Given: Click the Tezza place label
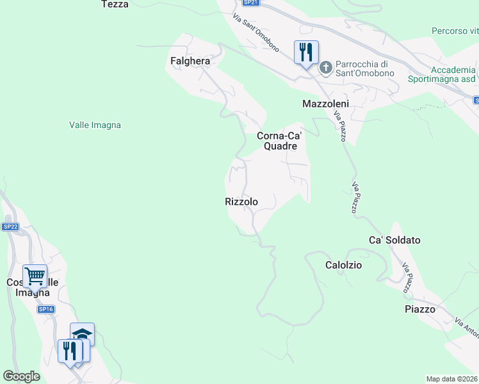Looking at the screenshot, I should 115,4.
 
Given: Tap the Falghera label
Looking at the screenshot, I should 190,61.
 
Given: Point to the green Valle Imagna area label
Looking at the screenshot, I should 95,125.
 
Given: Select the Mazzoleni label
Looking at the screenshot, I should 325,104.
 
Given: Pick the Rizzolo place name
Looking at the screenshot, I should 241,202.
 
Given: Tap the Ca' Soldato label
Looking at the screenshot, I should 394,240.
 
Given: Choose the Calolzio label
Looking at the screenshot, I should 344,265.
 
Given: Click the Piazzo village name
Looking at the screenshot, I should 420,309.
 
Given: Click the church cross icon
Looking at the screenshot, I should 325,67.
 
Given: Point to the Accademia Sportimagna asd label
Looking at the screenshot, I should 444,74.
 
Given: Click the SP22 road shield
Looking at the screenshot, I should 10,227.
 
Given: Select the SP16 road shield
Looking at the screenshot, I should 45,309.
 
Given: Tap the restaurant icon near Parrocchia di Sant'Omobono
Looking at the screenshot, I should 306,51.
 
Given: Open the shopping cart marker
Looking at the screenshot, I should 35,276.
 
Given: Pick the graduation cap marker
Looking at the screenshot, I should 82,333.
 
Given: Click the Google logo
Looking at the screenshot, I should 21,376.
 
